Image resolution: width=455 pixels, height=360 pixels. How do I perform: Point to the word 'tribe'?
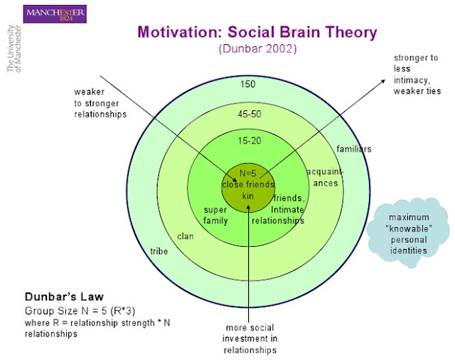(159, 251)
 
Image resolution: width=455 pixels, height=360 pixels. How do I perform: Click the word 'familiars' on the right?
(353, 149)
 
